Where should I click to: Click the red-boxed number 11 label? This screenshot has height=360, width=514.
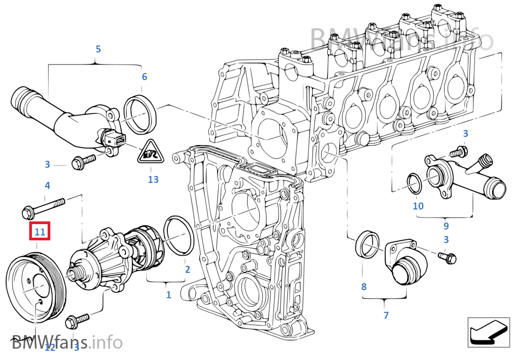(x=40, y=232)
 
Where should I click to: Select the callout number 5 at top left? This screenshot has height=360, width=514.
(x=98, y=49)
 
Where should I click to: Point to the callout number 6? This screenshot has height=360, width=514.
(x=144, y=77)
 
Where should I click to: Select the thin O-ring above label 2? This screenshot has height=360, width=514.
(x=178, y=234)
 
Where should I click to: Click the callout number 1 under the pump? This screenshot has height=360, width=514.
(x=168, y=295)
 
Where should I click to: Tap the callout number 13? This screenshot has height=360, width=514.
(x=153, y=179)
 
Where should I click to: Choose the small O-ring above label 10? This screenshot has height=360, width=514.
(x=414, y=184)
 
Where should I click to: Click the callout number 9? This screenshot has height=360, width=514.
(x=446, y=226)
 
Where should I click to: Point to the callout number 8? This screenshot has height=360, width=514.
(x=364, y=286)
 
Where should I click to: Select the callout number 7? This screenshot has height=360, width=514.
(x=386, y=315)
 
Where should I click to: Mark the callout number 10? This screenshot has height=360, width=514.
(x=418, y=206)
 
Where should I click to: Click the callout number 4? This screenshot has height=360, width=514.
(x=47, y=186)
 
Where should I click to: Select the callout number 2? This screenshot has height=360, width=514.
(x=187, y=269)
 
